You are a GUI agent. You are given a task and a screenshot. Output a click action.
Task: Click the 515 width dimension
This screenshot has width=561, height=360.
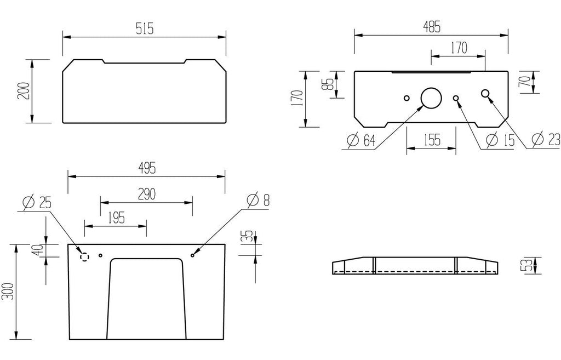click(x=145, y=28)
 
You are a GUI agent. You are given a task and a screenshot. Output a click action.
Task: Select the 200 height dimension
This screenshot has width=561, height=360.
click(x=24, y=91)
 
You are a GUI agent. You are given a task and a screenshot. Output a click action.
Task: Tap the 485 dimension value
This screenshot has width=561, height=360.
click(x=432, y=27)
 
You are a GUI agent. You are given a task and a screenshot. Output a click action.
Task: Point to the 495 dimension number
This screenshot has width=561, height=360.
click(x=147, y=168)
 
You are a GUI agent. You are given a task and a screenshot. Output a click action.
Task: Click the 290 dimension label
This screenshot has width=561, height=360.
click(x=147, y=194)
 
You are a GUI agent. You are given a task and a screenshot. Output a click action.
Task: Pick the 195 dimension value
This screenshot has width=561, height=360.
click(x=116, y=218)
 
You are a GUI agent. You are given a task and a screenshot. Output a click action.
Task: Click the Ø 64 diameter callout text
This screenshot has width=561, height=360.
click(x=362, y=140)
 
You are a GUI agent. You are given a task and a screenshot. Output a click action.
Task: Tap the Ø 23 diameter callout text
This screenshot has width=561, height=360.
click(x=546, y=139)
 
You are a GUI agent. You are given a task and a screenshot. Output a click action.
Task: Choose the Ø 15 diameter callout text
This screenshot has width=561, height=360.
click(x=500, y=140)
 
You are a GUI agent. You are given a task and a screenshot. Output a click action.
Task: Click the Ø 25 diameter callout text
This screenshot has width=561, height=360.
click(x=37, y=203)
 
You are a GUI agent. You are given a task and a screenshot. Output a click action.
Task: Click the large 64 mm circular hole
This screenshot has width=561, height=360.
click(x=431, y=98)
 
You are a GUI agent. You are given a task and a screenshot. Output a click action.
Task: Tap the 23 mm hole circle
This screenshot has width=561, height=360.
click(x=485, y=93)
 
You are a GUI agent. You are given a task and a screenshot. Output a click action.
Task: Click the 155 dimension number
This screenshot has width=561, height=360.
click(x=432, y=140)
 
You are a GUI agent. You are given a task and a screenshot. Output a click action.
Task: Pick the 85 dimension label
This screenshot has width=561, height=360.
click(x=329, y=84)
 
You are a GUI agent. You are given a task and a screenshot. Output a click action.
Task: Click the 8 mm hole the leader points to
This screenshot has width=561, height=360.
click(x=192, y=255)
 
